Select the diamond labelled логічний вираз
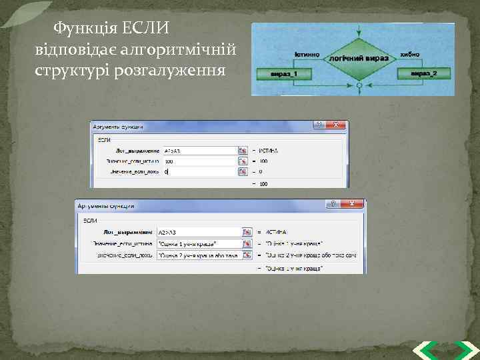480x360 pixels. point(359,58)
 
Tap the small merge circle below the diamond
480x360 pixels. point(359,86)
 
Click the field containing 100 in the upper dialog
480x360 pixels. point(199,161)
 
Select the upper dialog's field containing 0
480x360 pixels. point(199,171)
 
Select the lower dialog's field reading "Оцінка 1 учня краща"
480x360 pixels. point(199,243)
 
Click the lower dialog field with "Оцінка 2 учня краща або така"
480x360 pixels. point(199,255)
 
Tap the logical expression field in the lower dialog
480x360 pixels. point(199,231)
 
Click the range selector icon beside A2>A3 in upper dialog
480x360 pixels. point(243,150)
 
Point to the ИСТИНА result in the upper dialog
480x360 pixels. point(269,151)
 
